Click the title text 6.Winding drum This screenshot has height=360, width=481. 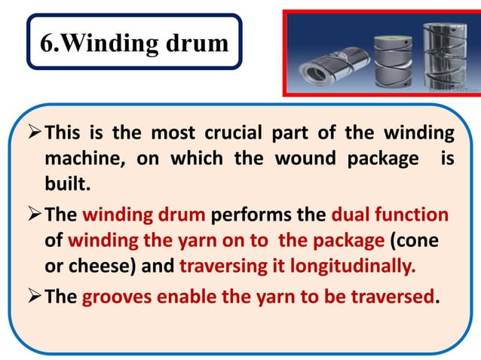[x=134, y=44]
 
